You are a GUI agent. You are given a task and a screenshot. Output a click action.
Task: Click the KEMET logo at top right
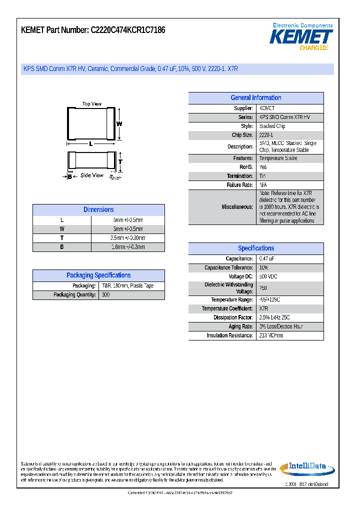click(301, 36)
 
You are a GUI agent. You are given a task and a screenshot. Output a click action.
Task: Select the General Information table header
click(255, 98)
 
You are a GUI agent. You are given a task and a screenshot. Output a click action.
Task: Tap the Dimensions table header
click(98, 210)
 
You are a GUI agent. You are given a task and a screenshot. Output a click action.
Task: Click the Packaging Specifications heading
click(98, 275)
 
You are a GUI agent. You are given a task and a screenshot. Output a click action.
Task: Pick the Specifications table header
click(255, 248)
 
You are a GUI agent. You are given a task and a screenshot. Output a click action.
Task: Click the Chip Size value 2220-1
click(266, 135)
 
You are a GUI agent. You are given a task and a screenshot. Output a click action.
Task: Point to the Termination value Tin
click(263, 176)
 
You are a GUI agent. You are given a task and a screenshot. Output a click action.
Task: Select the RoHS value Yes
click(263, 167)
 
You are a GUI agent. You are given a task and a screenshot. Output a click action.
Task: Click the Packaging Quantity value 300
click(105, 295)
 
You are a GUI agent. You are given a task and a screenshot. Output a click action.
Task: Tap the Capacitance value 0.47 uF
click(266, 259)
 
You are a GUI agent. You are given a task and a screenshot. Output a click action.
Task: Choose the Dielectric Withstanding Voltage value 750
click(263, 288)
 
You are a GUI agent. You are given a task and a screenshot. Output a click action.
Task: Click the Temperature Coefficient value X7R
click(264, 308)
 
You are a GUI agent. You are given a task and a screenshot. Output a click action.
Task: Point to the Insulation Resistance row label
click(229, 335)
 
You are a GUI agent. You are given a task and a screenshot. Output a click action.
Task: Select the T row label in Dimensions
click(61, 238)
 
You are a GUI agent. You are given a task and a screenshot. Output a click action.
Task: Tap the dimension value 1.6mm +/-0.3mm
click(128, 247)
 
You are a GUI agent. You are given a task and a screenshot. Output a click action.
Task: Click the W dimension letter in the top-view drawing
click(119, 123)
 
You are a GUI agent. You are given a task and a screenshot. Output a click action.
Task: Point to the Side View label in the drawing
click(92, 175)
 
